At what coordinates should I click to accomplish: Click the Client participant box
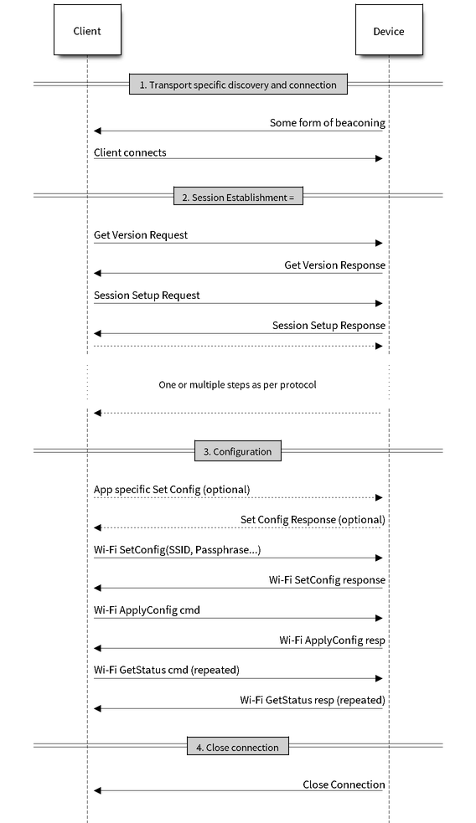click(x=87, y=30)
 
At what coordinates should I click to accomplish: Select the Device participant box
click(x=389, y=30)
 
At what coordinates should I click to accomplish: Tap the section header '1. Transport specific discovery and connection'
click(x=238, y=85)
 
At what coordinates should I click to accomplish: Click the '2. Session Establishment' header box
click(x=238, y=198)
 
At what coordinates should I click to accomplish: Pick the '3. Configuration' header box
click(x=238, y=451)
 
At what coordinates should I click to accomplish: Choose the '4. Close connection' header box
click(x=238, y=747)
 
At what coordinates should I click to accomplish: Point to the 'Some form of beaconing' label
click(x=328, y=123)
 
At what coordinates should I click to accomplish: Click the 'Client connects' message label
click(x=130, y=152)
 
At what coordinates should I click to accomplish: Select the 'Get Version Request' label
click(x=141, y=234)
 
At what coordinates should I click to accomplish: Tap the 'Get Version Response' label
click(x=334, y=265)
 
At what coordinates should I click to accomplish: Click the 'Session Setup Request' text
click(x=147, y=295)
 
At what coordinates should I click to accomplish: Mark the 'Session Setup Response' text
click(x=329, y=326)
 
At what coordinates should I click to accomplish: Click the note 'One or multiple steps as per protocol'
click(x=237, y=385)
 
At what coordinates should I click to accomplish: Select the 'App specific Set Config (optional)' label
click(x=172, y=489)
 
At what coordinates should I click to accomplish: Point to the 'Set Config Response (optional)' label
click(x=313, y=520)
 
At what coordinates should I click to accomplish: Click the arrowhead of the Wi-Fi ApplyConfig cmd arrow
click(x=379, y=619)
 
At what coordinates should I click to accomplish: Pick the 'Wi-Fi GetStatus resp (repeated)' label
click(x=313, y=700)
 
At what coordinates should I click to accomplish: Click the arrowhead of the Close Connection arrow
click(x=97, y=790)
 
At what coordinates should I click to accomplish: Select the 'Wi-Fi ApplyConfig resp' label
click(x=332, y=640)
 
